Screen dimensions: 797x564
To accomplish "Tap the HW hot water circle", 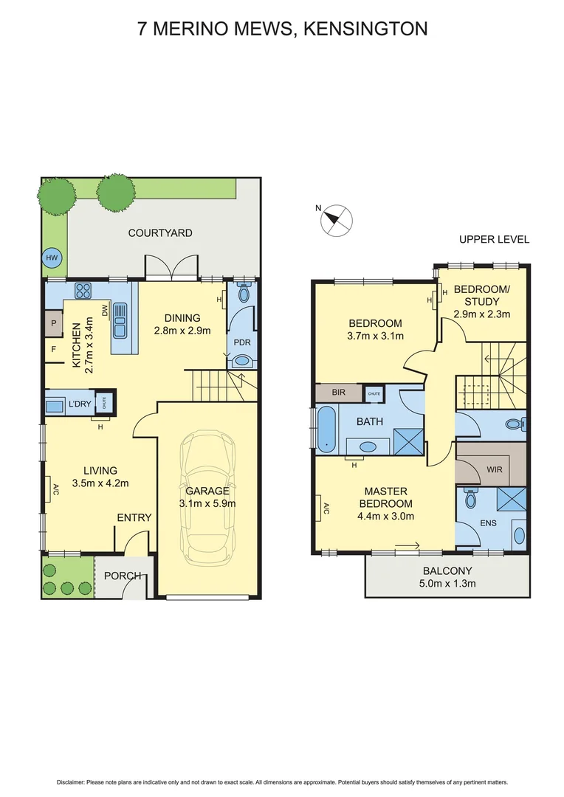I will click(x=52, y=258).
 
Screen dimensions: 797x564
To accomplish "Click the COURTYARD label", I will click(x=160, y=232).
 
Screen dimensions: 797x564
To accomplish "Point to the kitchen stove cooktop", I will click(x=82, y=290).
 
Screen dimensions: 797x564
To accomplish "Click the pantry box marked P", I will click(x=54, y=322).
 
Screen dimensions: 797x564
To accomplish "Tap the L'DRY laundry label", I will click(x=79, y=404).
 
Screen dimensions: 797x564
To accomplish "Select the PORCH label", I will click(x=118, y=576).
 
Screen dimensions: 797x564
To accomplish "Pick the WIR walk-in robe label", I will click(x=495, y=469).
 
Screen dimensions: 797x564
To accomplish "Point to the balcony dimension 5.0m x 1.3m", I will click(x=447, y=584).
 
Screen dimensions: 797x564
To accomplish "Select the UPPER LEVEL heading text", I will click(x=494, y=239).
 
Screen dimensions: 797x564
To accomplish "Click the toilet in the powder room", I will click(x=244, y=293).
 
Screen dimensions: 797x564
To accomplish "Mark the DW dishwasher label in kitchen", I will click(x=105, y=311).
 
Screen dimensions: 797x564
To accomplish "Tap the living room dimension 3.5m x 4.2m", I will click(x=102, y=484).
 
